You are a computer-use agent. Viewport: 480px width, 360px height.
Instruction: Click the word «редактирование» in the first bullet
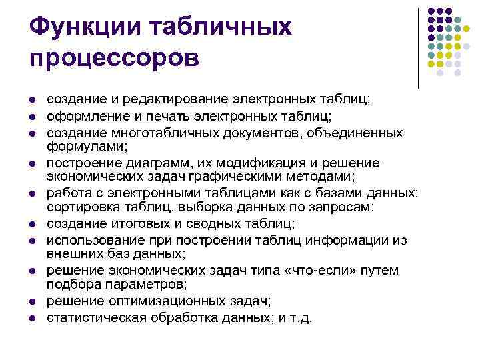click(x=174, y=100)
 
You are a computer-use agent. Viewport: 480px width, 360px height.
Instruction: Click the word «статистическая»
click(x=96, y=317)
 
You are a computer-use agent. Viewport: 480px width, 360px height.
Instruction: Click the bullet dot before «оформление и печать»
click(x=31, y=117)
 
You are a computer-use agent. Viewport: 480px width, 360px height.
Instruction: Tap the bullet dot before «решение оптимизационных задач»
click(x=31, y=301)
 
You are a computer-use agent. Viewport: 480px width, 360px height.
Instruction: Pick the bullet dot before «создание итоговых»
click(x=31, y=224)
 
